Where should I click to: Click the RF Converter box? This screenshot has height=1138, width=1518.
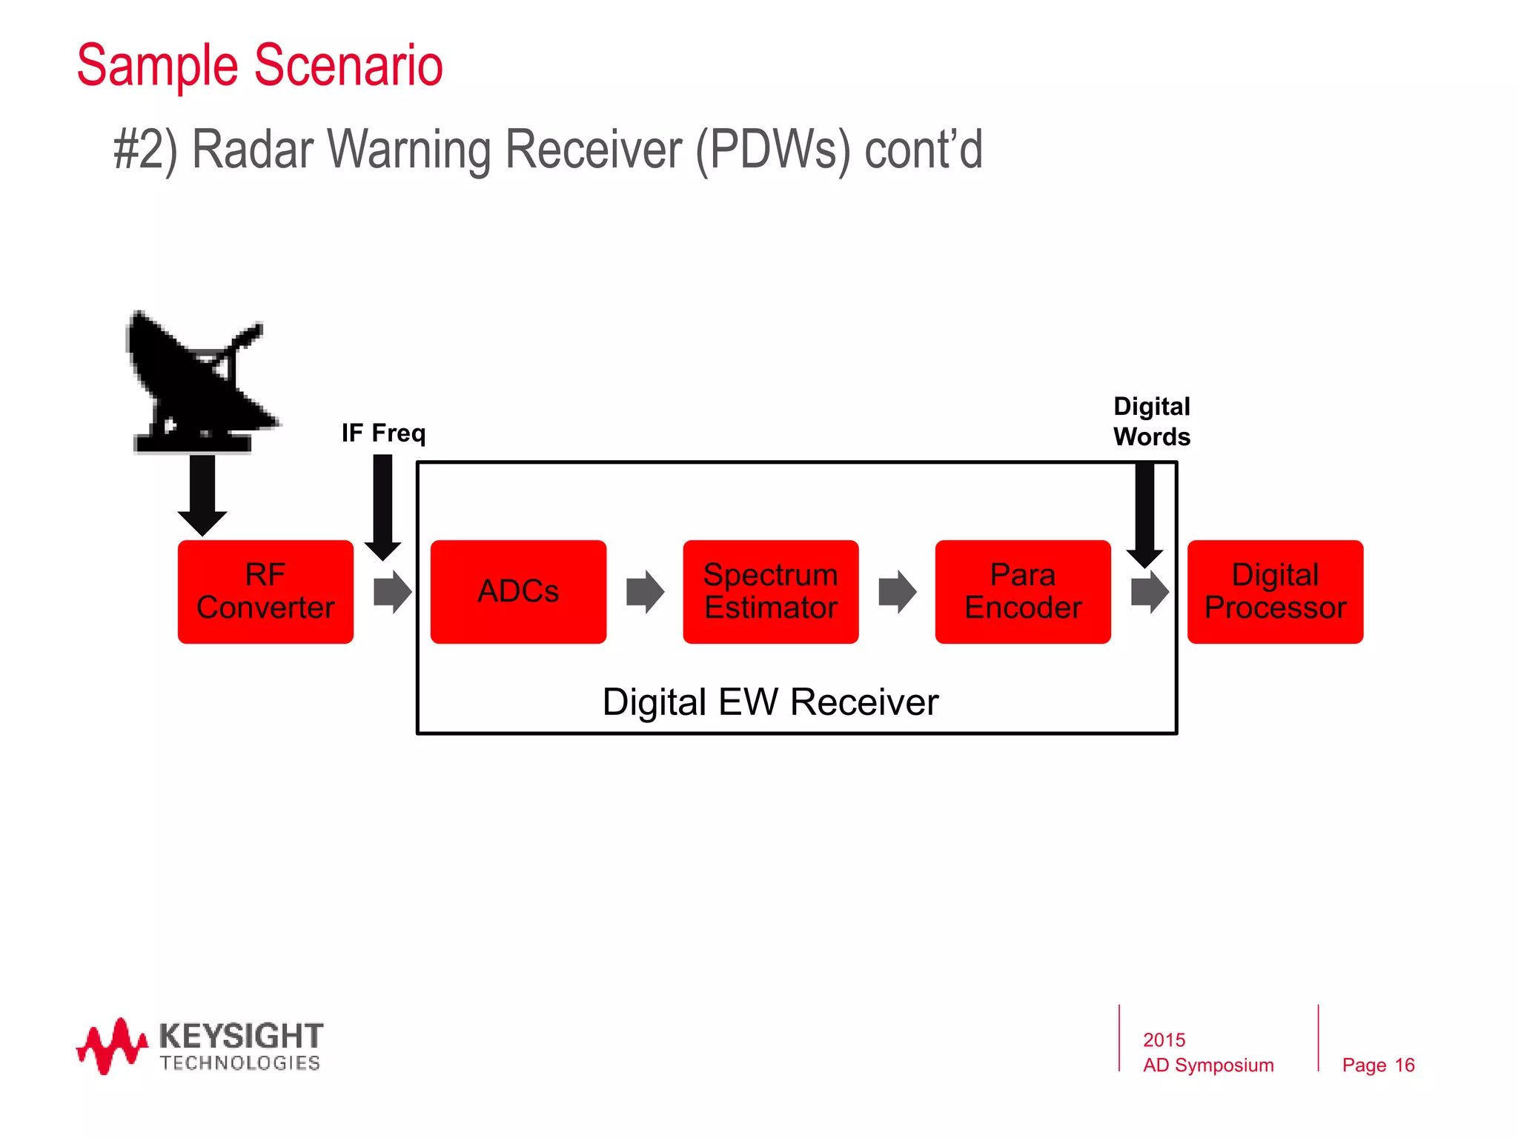(265, 591)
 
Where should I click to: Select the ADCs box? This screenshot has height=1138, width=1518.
(518, 591)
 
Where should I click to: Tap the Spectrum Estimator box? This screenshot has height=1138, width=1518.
(770, 591)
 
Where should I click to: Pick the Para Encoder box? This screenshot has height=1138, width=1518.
(1023, 591)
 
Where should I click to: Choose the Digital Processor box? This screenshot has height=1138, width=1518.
(1275, 591)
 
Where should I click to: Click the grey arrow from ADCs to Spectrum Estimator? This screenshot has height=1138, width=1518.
(645, 591)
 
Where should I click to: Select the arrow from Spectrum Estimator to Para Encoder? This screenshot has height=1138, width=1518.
(897, 591)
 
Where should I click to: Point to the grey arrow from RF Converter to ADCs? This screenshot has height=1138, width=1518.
(392, 591)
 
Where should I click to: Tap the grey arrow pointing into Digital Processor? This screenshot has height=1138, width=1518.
(1150, 591)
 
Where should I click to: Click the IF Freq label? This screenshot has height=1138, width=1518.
(383, 433)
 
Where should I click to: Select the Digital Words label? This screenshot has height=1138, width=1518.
(1151, 421)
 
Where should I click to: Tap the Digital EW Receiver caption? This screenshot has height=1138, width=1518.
(770, 702)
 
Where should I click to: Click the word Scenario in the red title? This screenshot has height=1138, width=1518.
(348, 65)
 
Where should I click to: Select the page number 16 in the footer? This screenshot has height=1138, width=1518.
(1404, 1065)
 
